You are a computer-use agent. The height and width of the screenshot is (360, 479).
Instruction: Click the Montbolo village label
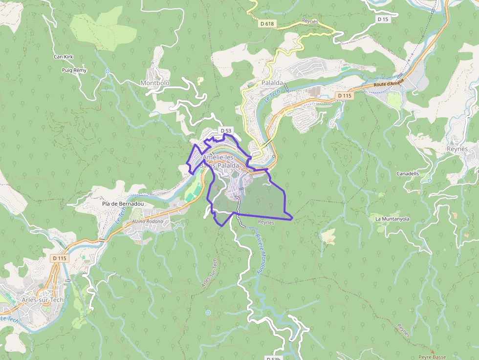pos(155,83)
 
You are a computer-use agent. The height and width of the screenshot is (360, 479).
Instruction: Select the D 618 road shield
pos(267,23)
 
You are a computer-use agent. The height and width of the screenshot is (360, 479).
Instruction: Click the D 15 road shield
pos(383,19)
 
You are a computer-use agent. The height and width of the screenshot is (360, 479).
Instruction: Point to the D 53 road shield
pos(225,130)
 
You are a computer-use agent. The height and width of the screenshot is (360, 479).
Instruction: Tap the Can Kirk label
pos(64,57)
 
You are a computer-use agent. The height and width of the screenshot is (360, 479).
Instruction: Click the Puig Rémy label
pos(74,70)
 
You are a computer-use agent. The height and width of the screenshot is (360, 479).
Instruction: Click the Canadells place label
pos(408,174)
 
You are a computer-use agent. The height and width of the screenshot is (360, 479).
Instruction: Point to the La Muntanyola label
pos(392,219)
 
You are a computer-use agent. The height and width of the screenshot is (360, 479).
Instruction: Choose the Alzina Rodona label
pos(147,222)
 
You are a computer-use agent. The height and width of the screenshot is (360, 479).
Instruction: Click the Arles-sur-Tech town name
pos(43,300)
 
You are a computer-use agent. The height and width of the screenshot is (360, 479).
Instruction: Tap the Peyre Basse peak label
pos(432,357)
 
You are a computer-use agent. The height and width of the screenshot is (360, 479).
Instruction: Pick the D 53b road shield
pos(275,358)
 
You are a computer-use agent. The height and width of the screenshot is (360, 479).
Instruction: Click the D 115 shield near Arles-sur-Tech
pos(60,258)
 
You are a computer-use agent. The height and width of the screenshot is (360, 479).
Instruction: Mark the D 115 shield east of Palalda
pos(344,96)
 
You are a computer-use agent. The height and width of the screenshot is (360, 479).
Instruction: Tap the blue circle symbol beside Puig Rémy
pos(108,72)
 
